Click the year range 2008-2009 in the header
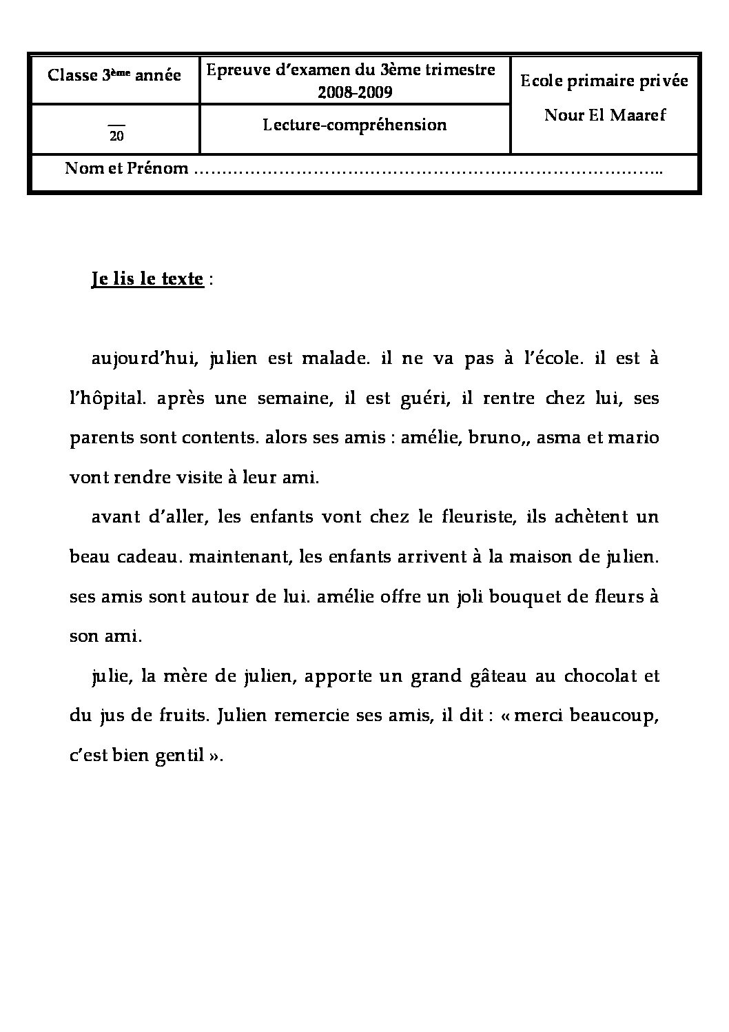[x=355, y=92]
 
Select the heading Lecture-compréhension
[x=355, y=125]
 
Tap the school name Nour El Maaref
[x=605, y=115]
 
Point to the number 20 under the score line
[x=116, y=136]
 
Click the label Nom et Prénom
[x=127, y=168]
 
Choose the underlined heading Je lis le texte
[x=147, y=280]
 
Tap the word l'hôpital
[x=103, y=399]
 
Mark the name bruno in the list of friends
[x=492, y=438]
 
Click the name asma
[x=557, y=438]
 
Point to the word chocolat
[x=600, y=676]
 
